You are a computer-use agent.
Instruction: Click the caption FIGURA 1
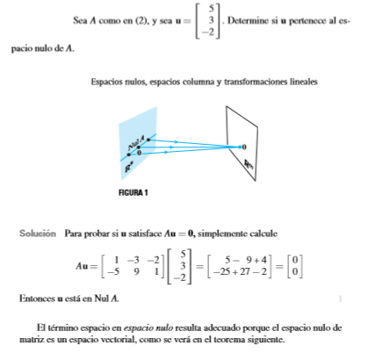pyautogui.click(x=131, y=192)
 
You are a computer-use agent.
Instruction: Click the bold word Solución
pyautogui.click(x=40, y=234)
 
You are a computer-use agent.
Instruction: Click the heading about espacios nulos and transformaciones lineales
pyautogui.click(x=204, y=83)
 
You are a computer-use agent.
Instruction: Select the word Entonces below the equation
pyautogui.click(x=37, y=299)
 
